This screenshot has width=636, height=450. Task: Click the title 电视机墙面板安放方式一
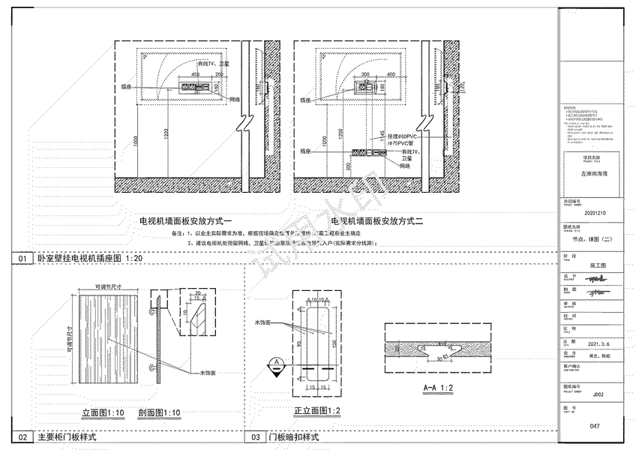pos(187,222)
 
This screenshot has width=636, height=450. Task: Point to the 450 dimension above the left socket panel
pos(195,76)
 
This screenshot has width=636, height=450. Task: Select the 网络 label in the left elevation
pos(235,100)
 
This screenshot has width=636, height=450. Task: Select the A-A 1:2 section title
pos(425,388)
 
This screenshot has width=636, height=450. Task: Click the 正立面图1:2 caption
pos(317,411)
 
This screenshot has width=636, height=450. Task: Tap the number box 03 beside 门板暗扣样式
pos(256,436)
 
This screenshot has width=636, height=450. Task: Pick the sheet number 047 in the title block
pos(595,425)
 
